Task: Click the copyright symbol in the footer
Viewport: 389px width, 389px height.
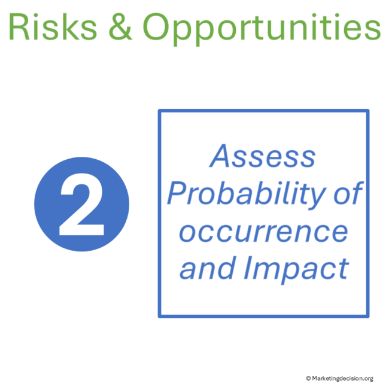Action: coord(308,378)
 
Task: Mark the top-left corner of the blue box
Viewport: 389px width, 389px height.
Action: coord(160,111)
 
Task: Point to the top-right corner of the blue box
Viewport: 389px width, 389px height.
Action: coord(367,111)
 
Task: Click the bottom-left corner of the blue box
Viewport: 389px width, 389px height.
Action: coord(160,315)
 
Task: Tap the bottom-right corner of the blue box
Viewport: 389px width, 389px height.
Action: coord(367,315)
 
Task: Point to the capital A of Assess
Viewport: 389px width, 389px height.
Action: coord(221,157)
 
